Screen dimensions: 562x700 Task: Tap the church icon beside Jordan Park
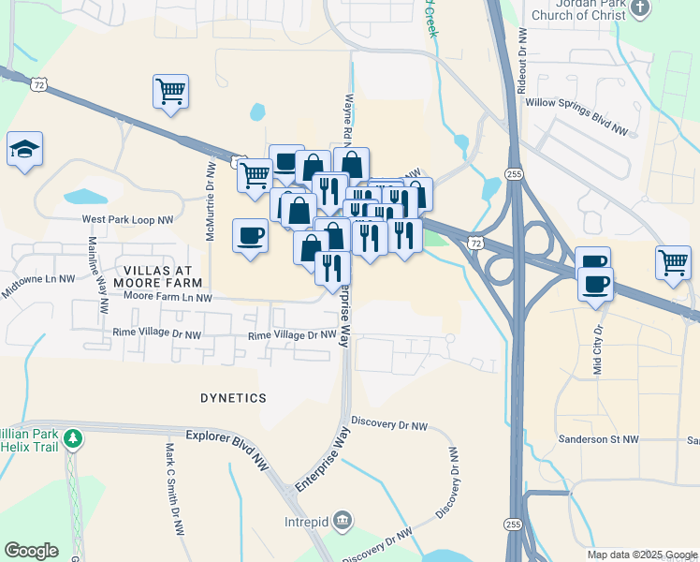(639, 8)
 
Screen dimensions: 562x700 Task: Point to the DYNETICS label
(234, 398)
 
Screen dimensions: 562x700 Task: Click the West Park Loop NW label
(128, 220)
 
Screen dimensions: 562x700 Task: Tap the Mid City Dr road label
(599, 349)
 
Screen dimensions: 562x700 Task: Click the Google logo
(31, 551)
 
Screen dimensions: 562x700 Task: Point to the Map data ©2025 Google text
(640, 555)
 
